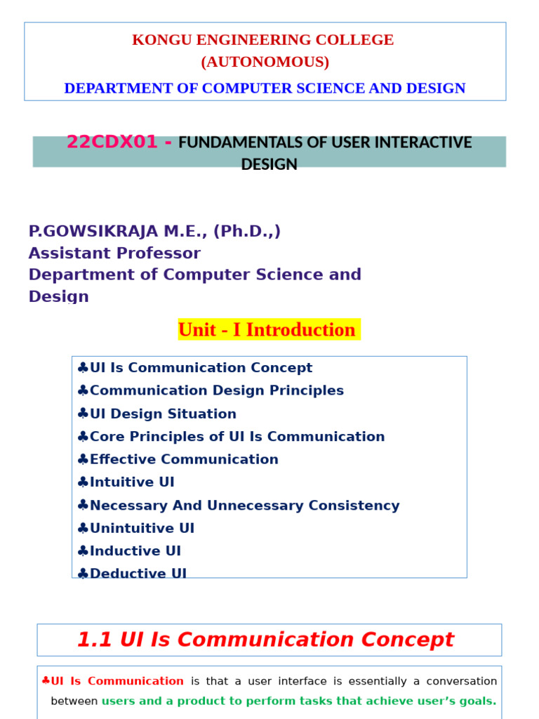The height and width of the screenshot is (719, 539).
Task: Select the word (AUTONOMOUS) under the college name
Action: click(265, 62)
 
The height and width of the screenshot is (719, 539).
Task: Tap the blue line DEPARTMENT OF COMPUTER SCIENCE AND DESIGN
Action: click(265, 88)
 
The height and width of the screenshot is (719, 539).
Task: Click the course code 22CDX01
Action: click(112, 143)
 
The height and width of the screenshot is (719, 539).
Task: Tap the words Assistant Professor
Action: click(114, 253)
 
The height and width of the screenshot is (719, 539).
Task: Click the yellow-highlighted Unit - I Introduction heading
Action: click(267, 330)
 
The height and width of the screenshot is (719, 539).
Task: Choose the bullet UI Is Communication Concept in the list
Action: click(201, 368)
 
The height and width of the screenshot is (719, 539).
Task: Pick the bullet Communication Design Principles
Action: click(216, 390)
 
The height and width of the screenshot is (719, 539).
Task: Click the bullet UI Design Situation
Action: click(163, 414)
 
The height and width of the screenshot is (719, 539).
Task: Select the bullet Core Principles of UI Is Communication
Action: click(237, 437)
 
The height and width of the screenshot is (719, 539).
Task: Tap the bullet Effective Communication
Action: click(184, 459)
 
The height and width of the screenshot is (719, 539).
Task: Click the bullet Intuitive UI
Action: click(132, 482)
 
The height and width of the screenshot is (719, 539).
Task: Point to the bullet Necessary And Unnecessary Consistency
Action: click(244, 506)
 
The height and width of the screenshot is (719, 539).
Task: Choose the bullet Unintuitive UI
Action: click(142, 528)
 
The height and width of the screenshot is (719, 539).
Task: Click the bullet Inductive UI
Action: click(135, 551)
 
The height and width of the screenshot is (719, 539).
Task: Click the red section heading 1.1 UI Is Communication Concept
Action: click(265, 640)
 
